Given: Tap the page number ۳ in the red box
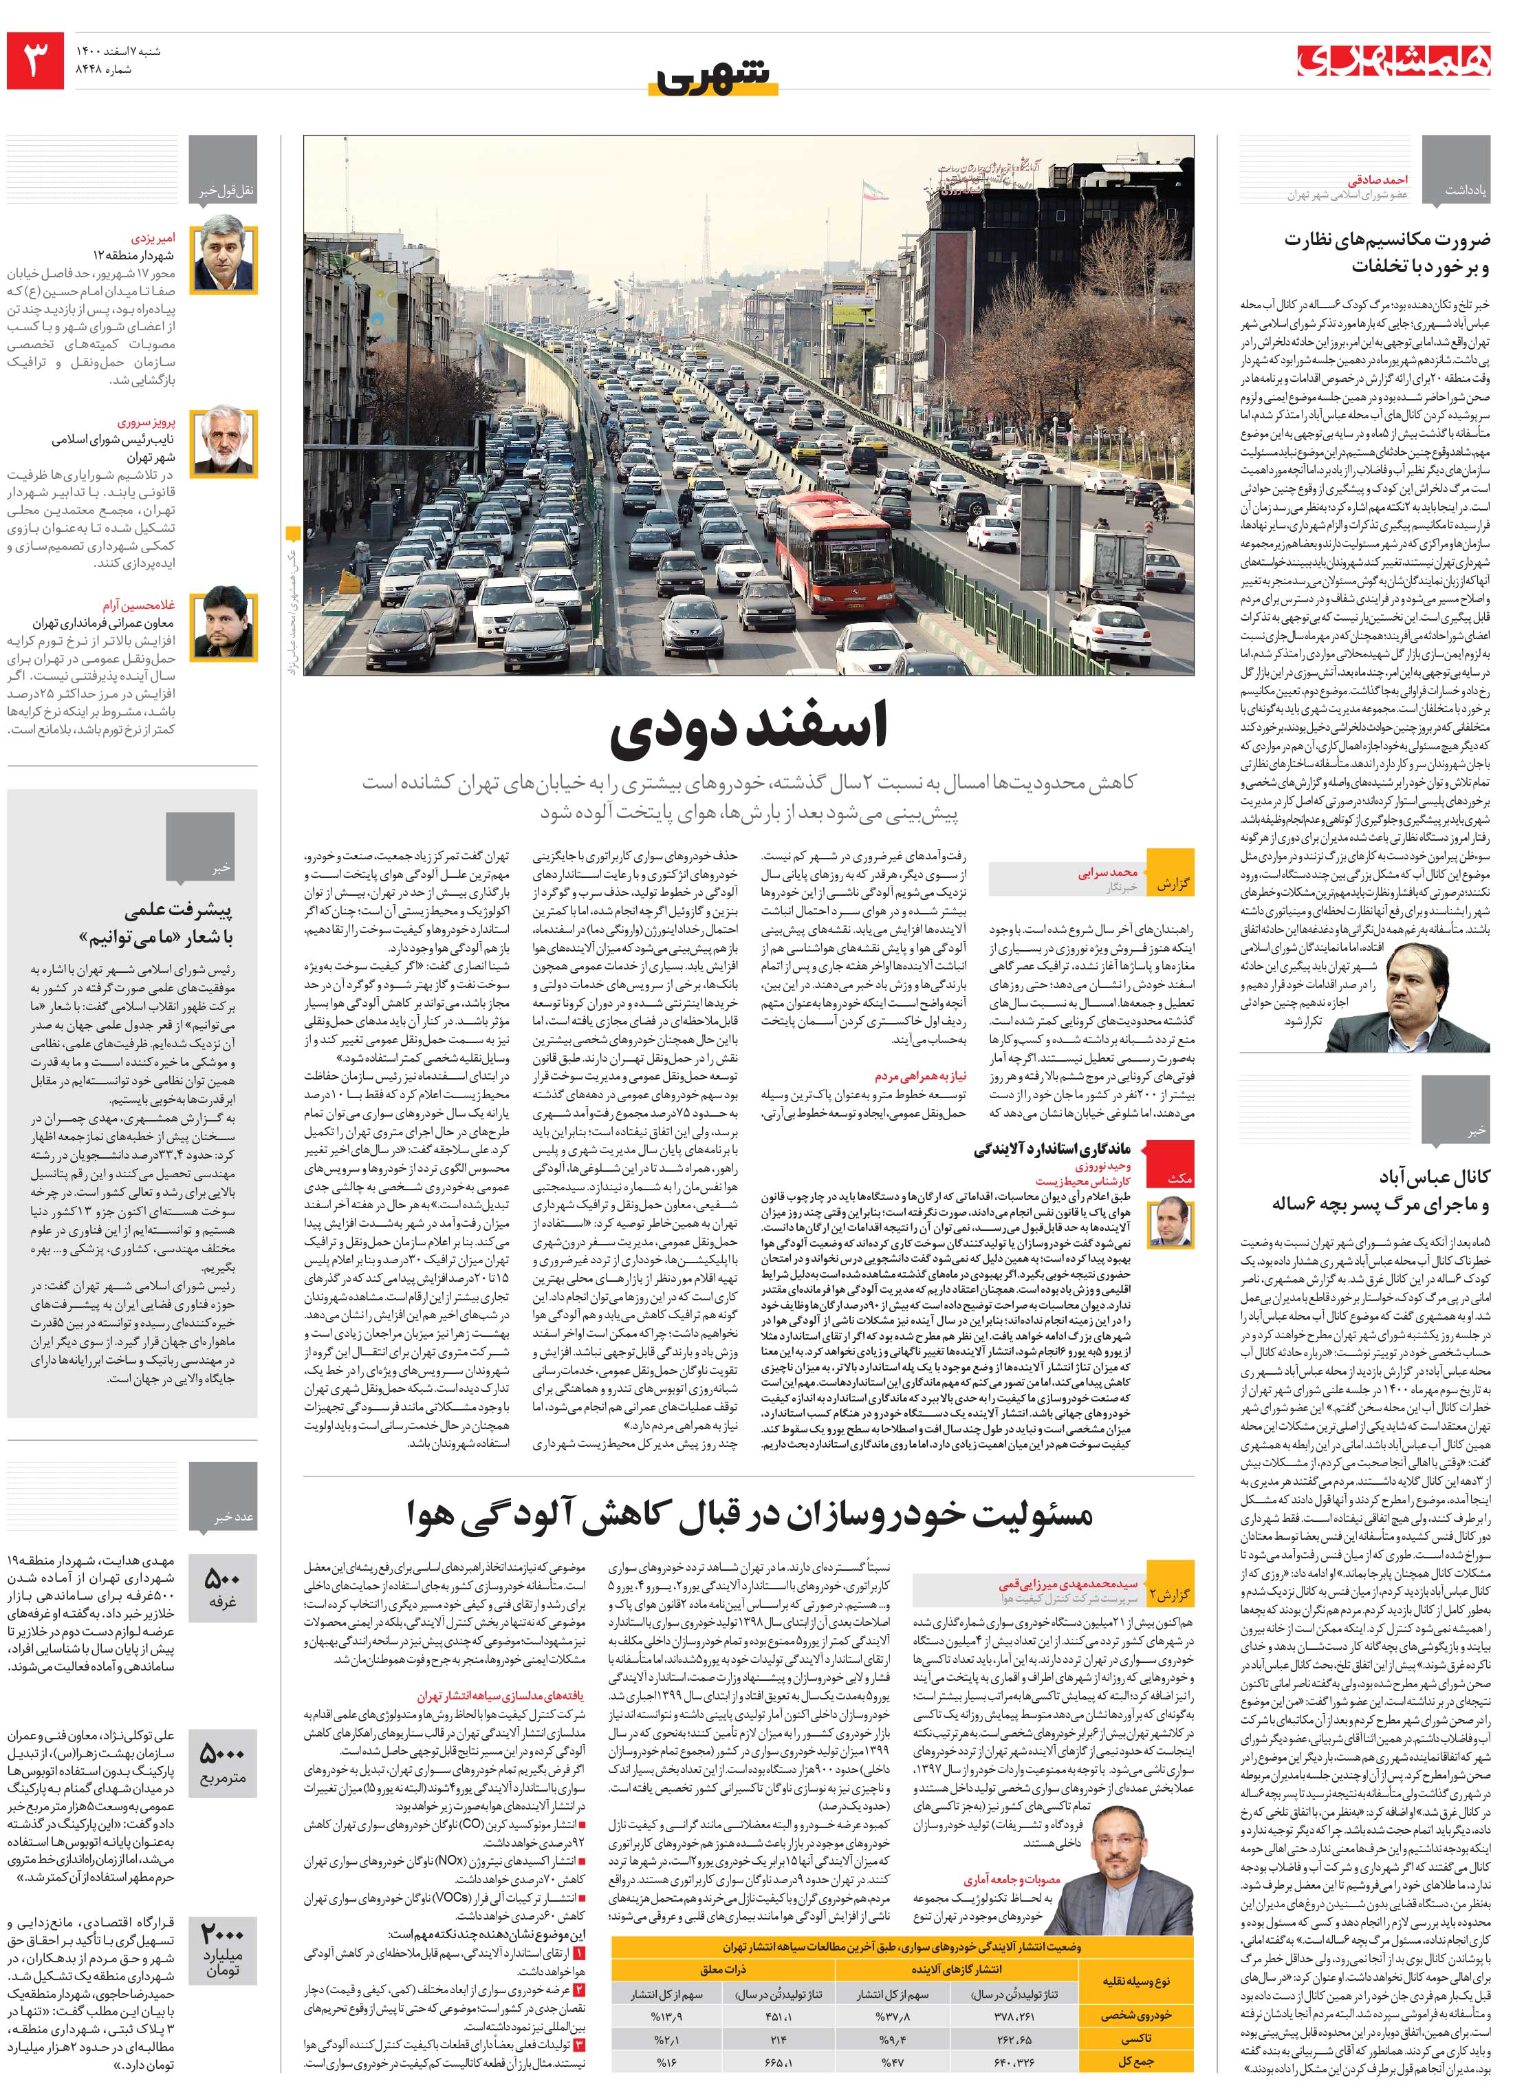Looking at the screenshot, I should pos(35,61).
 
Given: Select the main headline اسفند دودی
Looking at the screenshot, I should pos(750,723).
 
